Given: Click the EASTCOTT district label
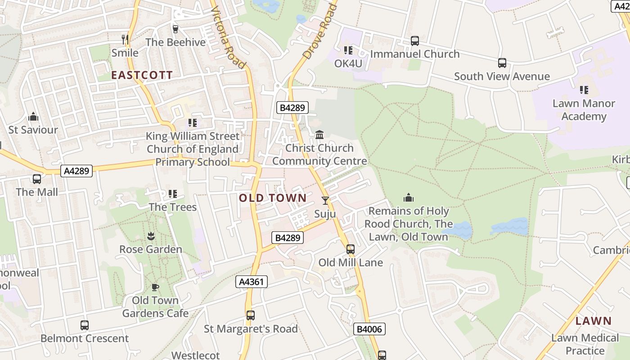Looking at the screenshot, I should click(142, 75).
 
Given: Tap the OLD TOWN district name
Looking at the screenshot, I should click(273, 198).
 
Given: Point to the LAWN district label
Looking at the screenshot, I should click(594, 321).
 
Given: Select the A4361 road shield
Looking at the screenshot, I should click(252, 282).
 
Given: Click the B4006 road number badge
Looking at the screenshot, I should click(369, 329).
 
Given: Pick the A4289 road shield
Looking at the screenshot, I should click(76, 171).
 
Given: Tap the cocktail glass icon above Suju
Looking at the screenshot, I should click(325, 201).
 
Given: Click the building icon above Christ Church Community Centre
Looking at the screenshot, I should click(319, 135).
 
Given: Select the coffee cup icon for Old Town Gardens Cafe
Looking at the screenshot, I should click(155, 287).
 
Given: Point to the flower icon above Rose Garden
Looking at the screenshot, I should click(150, 236).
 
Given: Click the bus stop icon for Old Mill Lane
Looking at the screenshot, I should click(350, 249).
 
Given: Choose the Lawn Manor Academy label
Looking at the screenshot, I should click(584, 110).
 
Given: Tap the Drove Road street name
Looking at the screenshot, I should click(320, 31).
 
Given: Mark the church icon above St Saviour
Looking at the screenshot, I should click(33, 117).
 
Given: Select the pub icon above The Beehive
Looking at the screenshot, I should click(175, 29).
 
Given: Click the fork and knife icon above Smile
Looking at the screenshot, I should click(125, 40).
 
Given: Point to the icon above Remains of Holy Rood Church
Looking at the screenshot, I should click(408, 198).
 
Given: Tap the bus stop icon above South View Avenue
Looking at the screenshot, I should click(502, 63).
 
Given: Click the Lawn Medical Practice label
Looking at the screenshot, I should click(585, 344).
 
